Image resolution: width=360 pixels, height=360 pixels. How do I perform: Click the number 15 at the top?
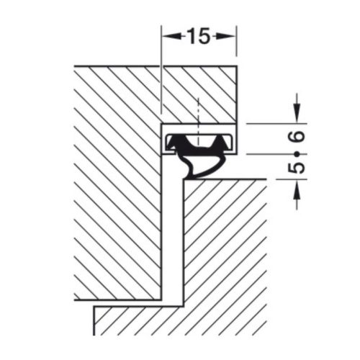(x=199, y=35)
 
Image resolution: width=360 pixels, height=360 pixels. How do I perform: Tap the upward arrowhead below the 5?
(x=296, y=189)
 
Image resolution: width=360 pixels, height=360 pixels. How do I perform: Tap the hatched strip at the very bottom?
(x=180, y=320)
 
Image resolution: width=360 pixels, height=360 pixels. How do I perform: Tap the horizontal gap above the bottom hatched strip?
(x=130, y=302)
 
